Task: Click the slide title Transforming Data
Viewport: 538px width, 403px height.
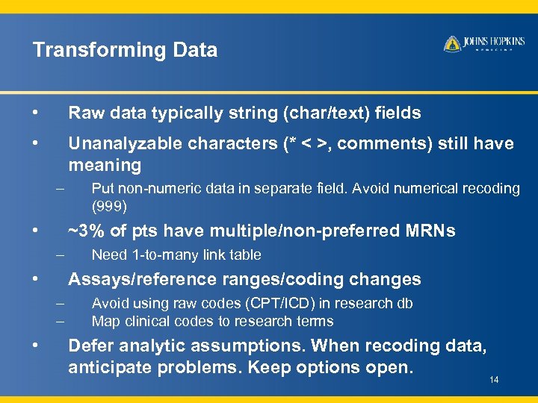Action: [125, 50]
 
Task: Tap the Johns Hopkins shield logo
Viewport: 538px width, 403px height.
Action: [451, 44]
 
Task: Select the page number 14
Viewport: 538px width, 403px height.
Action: [494, 381]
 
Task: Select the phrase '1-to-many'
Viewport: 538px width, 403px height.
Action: [158, 255]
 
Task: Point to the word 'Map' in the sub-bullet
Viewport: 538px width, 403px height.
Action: [104, 322]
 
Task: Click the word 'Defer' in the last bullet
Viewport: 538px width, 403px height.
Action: [91, 346]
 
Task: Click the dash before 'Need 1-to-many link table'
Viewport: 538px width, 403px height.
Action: [61, 254]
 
